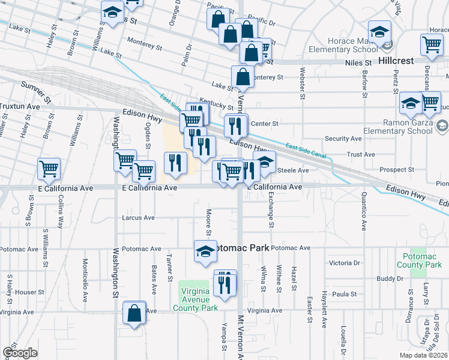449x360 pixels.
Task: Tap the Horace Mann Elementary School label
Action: coord(343,50)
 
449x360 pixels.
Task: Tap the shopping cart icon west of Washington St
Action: coord(49,169)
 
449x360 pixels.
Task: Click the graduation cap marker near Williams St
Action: coord(112,13)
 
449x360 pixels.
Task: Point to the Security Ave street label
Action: coord(343,138)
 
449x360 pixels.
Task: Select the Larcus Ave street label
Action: coord(138,218)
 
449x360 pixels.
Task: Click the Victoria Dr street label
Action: coord(344,263)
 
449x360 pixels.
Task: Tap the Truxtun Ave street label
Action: coord(19,106)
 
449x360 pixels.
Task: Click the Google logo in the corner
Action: coord(20,353)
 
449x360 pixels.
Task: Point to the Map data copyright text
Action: coord(423,355)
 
